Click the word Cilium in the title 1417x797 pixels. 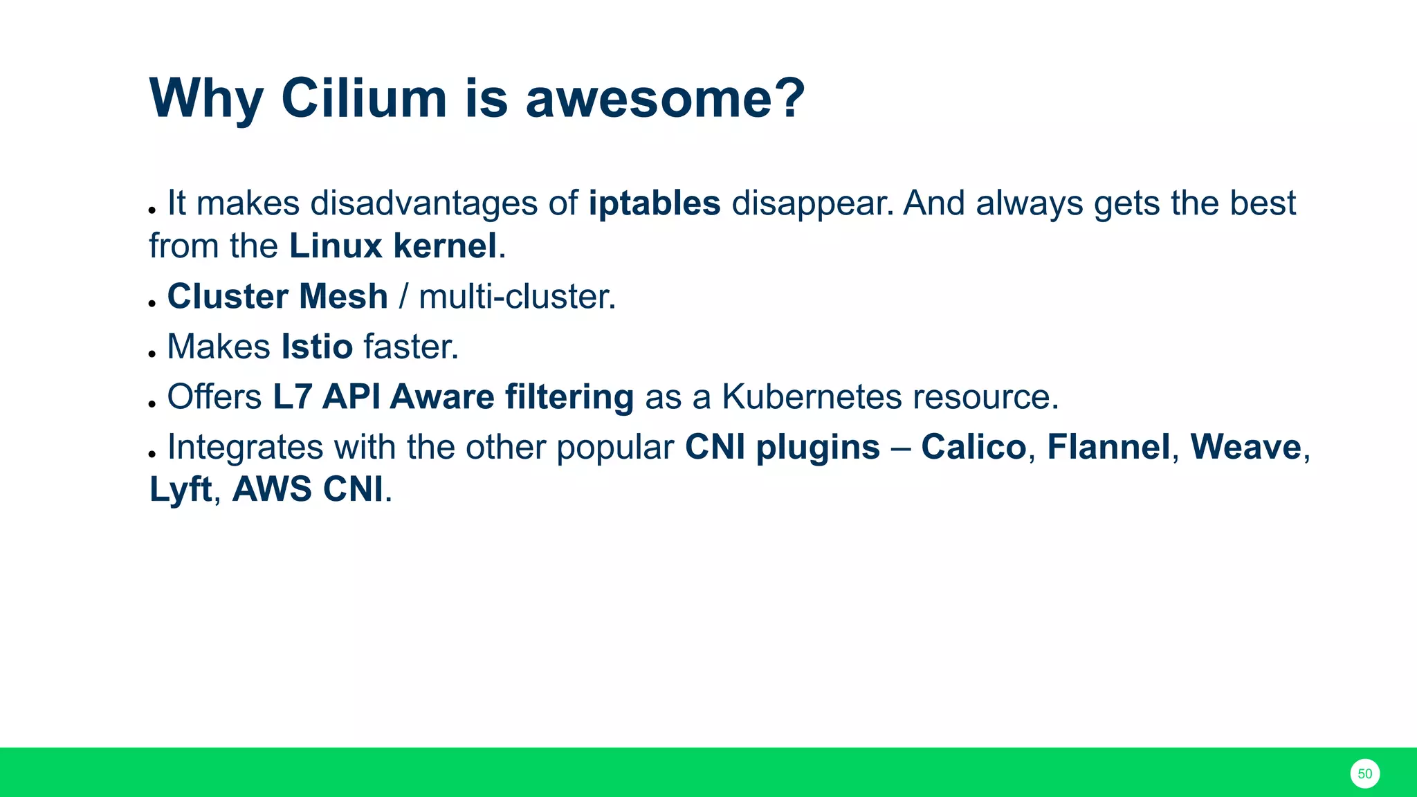coord(364,98)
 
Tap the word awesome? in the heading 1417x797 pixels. coord(665,98)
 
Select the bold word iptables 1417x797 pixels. coord(655,203)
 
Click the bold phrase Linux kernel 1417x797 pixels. coord(393,246)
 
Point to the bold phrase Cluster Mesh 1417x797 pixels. coord(277,296)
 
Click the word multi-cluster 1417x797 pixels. coord(517,296)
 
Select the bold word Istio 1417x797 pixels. coord(317,347)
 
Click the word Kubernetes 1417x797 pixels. coord(812,397)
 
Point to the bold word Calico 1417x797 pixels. coord(973,447)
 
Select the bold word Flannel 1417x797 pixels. coord(1108,447)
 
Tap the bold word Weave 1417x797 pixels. coord(1245,447)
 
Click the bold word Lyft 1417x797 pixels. coord(181,490)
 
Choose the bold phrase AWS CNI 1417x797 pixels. coord(307,490)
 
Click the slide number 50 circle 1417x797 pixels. coord(1364,773)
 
